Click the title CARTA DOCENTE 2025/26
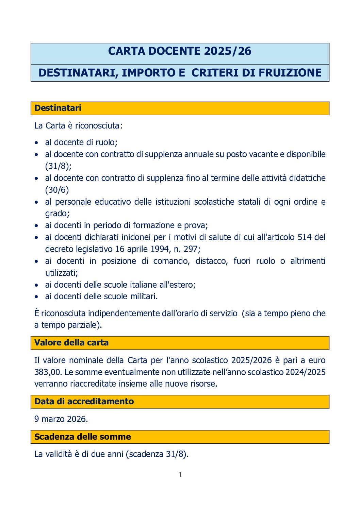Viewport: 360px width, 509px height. coord(180,51)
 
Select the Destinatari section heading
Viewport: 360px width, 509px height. coord(58,108)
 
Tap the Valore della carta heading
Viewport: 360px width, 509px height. coord(71,343)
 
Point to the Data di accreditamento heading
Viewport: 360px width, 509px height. coord(84,402)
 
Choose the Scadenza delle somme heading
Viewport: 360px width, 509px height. coord(83,437)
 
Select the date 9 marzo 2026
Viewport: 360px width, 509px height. coord(61,419)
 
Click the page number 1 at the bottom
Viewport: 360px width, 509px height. coord(180,475)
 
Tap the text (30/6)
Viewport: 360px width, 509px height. coord(57,190)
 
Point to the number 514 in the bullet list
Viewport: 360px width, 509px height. coord(305,237)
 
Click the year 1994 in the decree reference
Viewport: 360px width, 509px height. coord(160,249)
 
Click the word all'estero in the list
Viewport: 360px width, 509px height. coord(177,285)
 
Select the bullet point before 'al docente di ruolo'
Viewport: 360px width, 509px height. coord(36,143)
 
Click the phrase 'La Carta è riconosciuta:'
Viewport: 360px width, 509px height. coord(78,126)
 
